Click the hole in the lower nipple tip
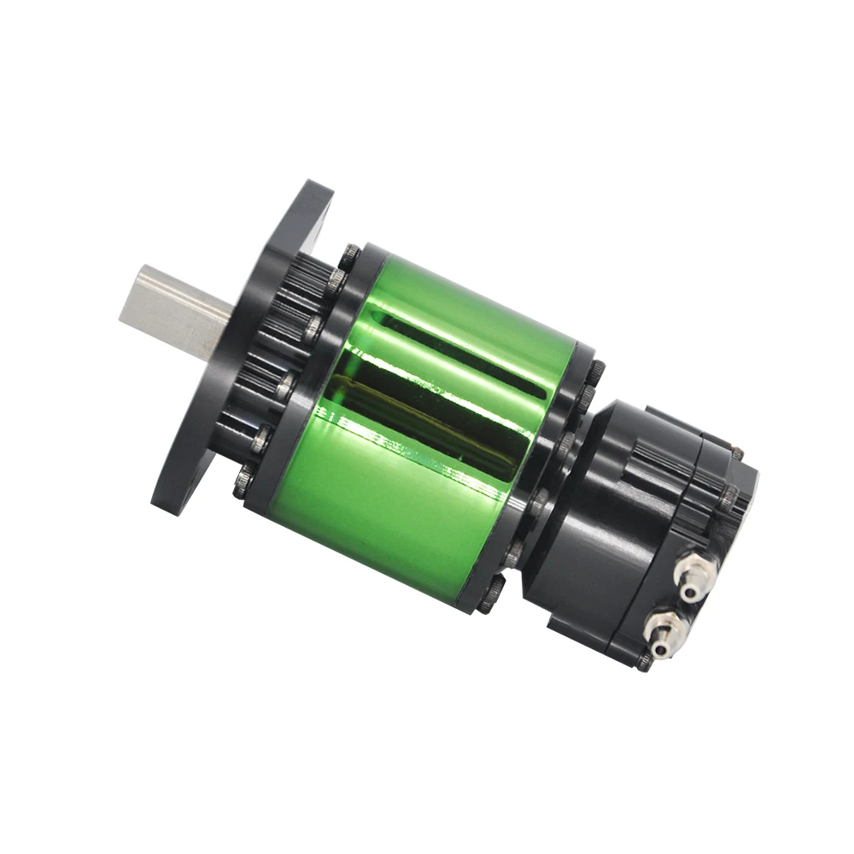click(x=658, y=651)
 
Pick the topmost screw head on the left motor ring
click(x=350, y=254)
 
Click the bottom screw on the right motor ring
click(x=490, y=598)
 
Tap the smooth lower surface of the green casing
click(x=384, y=521)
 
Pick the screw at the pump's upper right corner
click(x=736, y=453)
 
